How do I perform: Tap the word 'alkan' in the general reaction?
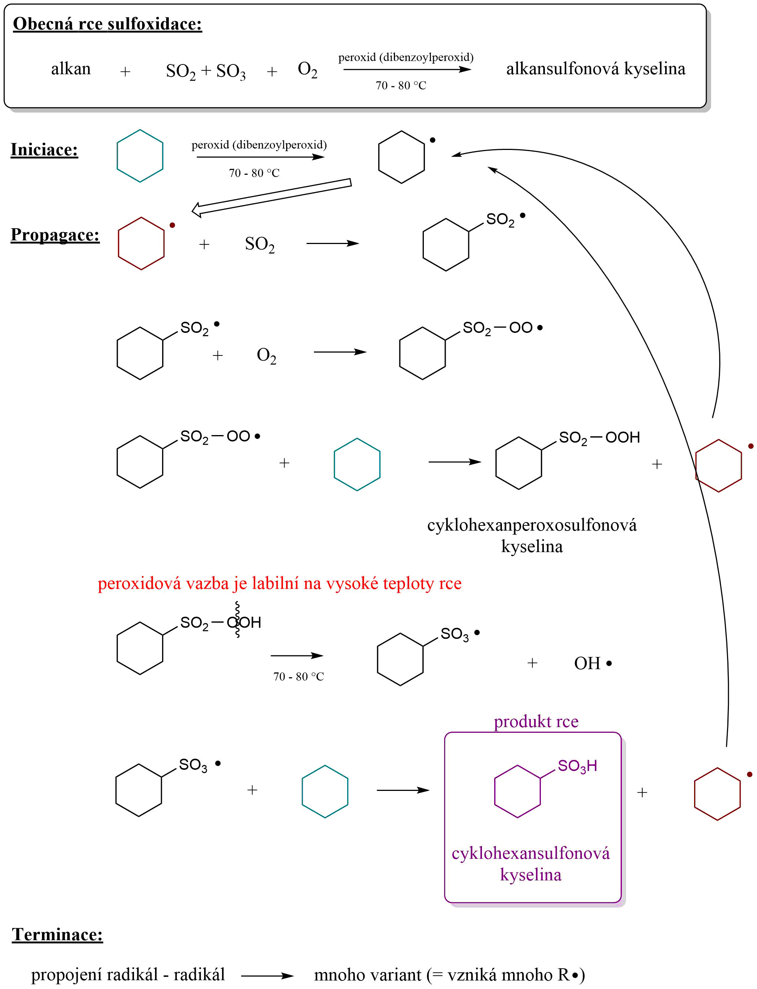point(71,69)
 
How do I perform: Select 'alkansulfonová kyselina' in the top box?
point(595,69)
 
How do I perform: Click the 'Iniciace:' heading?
point(44,150)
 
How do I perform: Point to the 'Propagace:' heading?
point(55,235)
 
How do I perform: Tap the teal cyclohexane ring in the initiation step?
point(140,156)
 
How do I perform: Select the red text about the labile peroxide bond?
point(279,583)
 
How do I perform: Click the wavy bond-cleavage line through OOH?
point(237,620)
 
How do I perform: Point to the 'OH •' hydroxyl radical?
point(592,663)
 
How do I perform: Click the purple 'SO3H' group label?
point(577,766)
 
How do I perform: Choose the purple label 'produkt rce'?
point(536,721)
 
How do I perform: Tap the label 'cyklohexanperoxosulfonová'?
point(532,525)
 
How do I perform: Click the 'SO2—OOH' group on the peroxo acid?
point(599,438)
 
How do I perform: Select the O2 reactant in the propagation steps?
point(266,355)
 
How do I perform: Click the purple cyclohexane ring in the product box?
point(517,791)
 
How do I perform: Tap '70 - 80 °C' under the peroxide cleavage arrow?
point(298,676)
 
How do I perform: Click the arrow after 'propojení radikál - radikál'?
point(267,976)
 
